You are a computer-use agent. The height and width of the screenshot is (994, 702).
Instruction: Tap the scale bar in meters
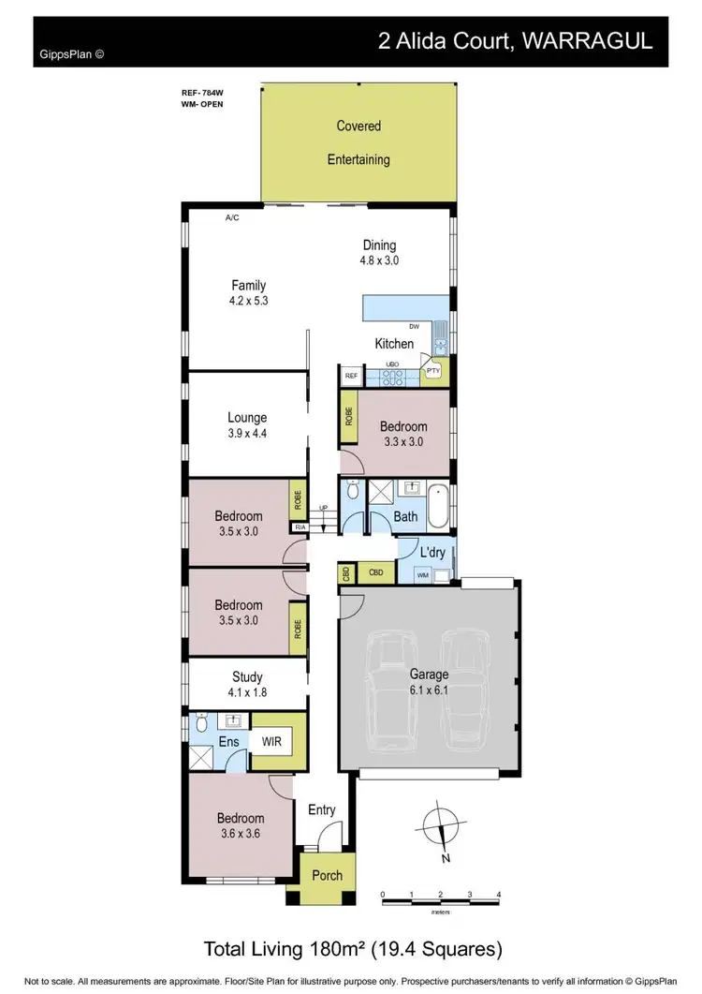[x=441, y=898]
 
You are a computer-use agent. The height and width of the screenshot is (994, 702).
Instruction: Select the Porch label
[x=328, y=876]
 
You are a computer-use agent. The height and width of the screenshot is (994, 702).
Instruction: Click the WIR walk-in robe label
[x=272, y=743]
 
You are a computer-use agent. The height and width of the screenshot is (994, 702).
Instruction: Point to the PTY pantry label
[x=433, y=371]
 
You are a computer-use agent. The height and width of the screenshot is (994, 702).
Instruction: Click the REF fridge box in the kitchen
[x=352, y=376]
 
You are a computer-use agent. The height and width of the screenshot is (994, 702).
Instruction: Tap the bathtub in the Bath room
[x=437, y=507]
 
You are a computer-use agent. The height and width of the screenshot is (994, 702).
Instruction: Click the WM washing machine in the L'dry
[x=422, y=574]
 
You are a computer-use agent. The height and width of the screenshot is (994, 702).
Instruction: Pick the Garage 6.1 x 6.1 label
[x=429, y=681]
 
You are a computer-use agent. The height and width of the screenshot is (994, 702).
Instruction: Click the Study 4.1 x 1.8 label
[x=247, y=684]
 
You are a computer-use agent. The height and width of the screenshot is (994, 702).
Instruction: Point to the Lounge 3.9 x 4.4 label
[x=247, y=425]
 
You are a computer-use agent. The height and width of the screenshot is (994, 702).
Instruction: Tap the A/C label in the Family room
[x=232, y=218]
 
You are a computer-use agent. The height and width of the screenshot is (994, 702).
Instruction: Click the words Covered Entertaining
[x=358, y=142]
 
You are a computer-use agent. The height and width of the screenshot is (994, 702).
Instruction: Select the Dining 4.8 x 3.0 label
[x=380, y=253]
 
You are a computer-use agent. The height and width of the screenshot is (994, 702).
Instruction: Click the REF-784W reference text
[x=203, y=93]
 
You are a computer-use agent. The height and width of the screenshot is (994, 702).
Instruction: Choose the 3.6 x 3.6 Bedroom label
[x=241, y=825]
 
